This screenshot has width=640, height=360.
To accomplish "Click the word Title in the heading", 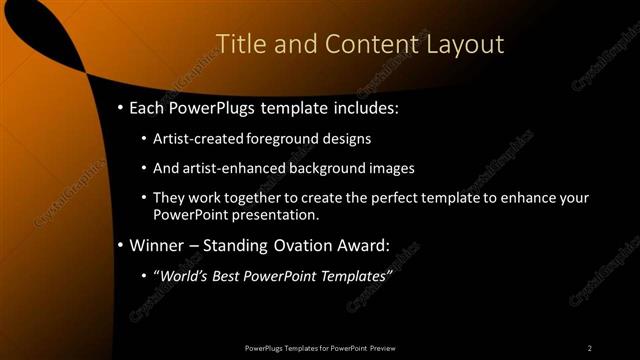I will tap(240, 44).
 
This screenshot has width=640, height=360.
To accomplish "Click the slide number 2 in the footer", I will tap(589, 347).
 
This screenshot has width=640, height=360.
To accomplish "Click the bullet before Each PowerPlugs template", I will tap(121, 106).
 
